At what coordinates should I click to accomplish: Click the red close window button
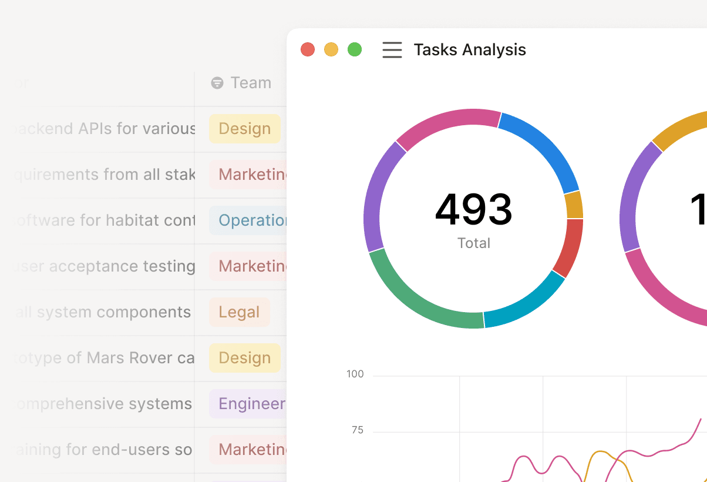pyautogui.click(x=308, y=49)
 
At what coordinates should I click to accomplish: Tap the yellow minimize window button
pyautogui.click(x=331, y=49)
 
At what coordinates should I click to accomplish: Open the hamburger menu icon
pyautogui.click(x=392, y=50)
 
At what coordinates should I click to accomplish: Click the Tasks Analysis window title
pyautogui.click(x=470, y=50)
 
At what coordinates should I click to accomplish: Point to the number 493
pyautogui.click(x=473, y=210)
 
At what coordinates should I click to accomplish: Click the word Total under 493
pyautogui.click(x=473, y=243)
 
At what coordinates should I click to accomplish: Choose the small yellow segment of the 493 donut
pyautogui.click(x=574, y=205)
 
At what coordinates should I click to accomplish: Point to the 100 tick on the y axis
pyautogui.click(x=355, y=374)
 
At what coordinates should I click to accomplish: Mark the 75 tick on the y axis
pyautogui.click(x=358, y=430)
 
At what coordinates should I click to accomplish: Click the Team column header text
pyautogui.click(x=251, y=83)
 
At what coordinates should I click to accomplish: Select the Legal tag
pyautogui.click(x=239, y=312)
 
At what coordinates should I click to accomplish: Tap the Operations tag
pyautogui.click(x=249, y=220)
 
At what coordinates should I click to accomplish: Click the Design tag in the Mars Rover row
pyautogui.click(x=244, y=358)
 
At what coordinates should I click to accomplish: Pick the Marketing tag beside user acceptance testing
pyautogui.click(x=249, y=266)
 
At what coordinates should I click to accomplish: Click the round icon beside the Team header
pyautogui.click(x=217, y=83)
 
